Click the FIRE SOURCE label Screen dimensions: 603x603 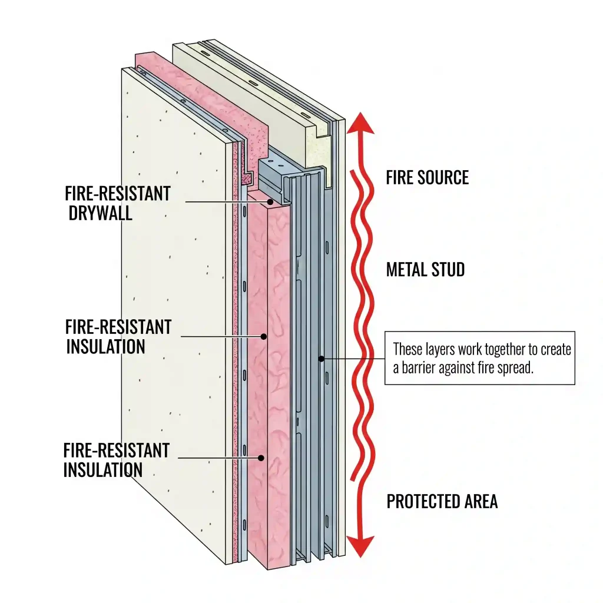(428, 178)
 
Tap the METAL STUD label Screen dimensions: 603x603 (425, 270)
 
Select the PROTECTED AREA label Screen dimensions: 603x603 (442, 502)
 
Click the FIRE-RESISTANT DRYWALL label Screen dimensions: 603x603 (118, 203)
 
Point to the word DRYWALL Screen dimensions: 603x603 (100, 213)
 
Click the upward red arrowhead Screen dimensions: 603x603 (360, 123)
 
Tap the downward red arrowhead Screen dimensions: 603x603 (360, 546)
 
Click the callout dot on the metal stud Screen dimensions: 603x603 (322, 359)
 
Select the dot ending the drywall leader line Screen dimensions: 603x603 (270, 202)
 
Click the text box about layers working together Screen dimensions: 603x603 (480, 358)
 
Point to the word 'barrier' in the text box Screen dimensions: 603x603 (419, 368)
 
